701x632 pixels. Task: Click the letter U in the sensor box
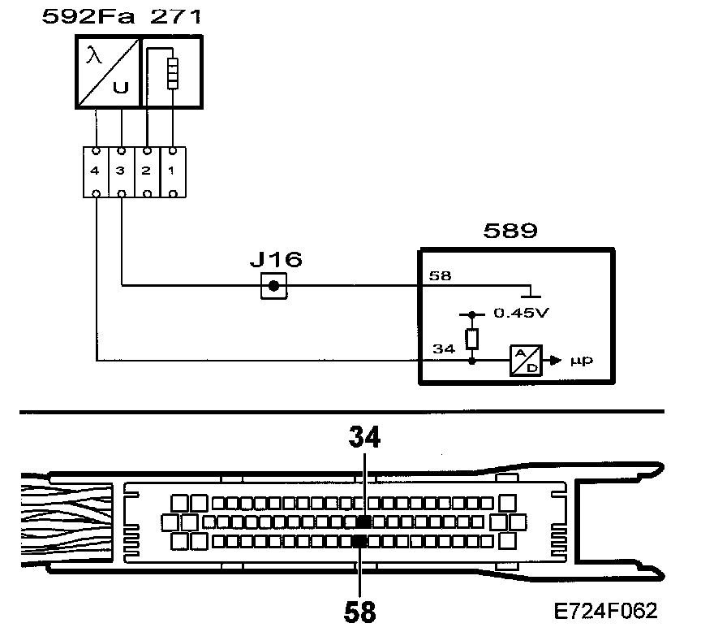(x=120, y=88)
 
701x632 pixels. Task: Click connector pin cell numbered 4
(x=96, y=171)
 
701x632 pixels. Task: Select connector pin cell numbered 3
(x=121, y=171)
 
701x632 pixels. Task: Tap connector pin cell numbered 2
(x=146, y=171)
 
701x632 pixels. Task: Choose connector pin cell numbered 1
(x=171, y=171)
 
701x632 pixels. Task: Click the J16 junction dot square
(x=273, y=286)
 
